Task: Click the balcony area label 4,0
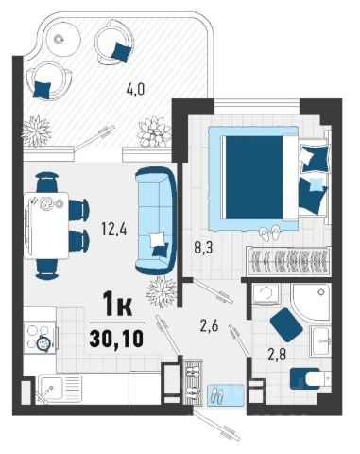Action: [135, 90]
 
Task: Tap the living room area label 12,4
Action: [114, 229]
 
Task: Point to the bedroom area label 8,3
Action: [203, 248]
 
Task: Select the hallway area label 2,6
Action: [210, 325]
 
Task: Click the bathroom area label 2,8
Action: [277, 355]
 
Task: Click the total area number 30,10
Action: [116, 339]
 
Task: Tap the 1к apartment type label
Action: [117, 305]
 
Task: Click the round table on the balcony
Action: [63, 39]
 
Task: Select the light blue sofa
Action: [156, 220]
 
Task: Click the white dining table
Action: [46, 225]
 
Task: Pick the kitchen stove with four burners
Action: [41, 338]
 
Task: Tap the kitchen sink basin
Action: [50, 388]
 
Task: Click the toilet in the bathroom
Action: [311, 378]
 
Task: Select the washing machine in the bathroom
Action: [266, 294]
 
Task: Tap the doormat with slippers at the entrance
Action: [226, 394]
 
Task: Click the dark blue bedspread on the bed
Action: [254, 178]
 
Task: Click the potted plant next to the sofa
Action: [162, 290]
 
